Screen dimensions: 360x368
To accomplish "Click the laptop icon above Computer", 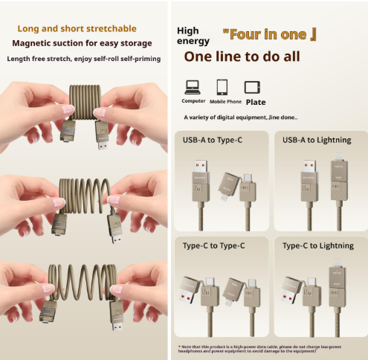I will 193,86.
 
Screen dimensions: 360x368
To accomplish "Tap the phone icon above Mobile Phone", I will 222,86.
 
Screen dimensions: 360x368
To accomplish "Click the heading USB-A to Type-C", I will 213,140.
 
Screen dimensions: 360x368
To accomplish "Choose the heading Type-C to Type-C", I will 214,245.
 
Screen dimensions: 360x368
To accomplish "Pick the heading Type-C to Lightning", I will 318,245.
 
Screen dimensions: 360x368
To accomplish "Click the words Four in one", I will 269,33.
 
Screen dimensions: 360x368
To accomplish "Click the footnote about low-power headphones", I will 271,349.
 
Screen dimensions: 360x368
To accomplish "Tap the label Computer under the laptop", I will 193,101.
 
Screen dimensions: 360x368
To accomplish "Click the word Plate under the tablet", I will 255,102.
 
